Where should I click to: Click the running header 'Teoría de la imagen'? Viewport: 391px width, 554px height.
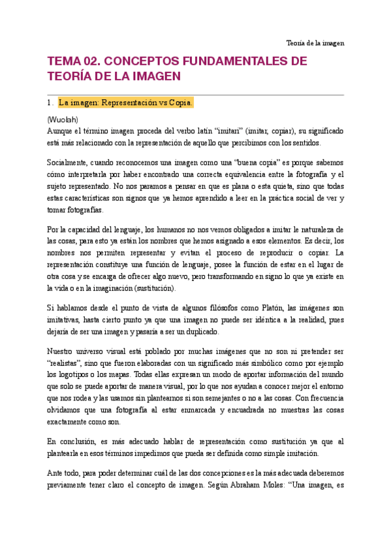click(x=315, y=43)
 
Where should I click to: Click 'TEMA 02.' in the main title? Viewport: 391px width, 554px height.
click(x=71, y=61)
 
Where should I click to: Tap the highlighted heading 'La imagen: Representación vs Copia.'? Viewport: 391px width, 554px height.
click(x=125, y=103)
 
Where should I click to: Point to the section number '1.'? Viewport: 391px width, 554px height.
click(x=50, y=103)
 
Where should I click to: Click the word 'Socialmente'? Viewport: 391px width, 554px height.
click(x=69, y=162)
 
